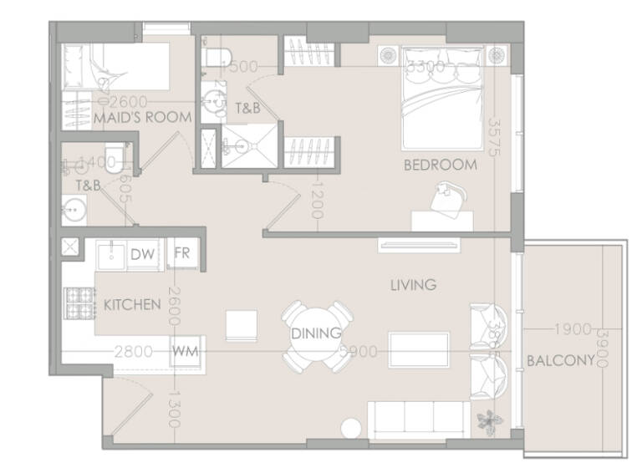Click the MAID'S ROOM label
[x=143, y=118]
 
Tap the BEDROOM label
[x=440, y=165]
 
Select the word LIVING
[x=413, y=285]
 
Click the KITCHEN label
[x=131, y=304]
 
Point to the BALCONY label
[x=559, y=361]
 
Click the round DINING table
[x=316, y=334]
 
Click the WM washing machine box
[x=185, y=351]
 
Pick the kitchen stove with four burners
[x=80, y=304]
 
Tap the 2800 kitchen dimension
[x=134, y=352]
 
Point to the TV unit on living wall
[x=419, y=245]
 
